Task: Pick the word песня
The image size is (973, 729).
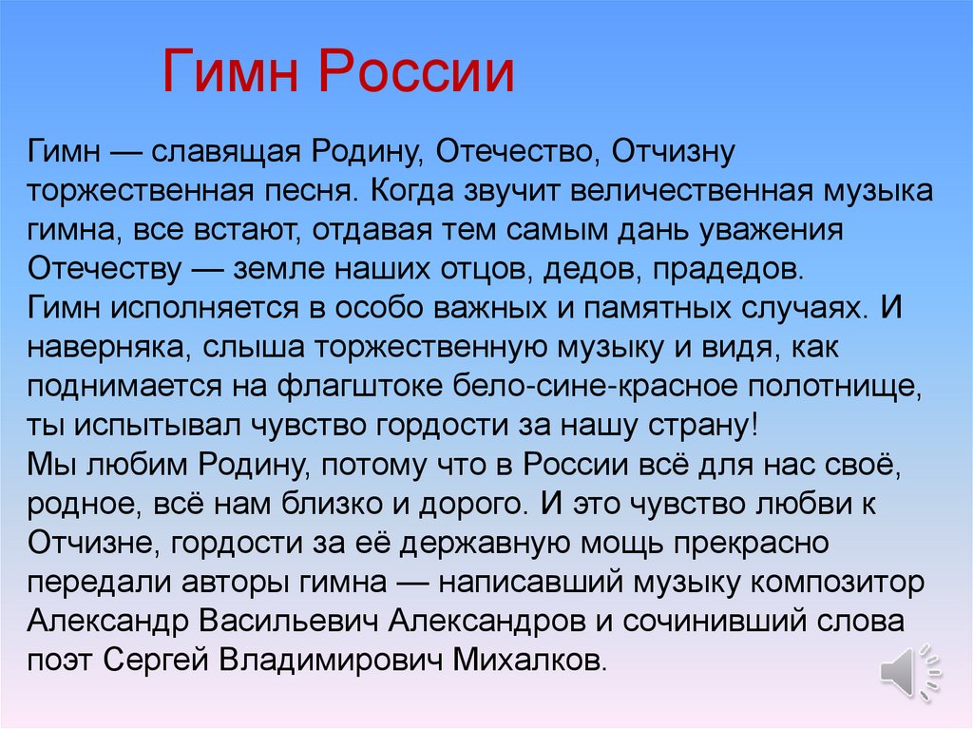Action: point(303,189)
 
